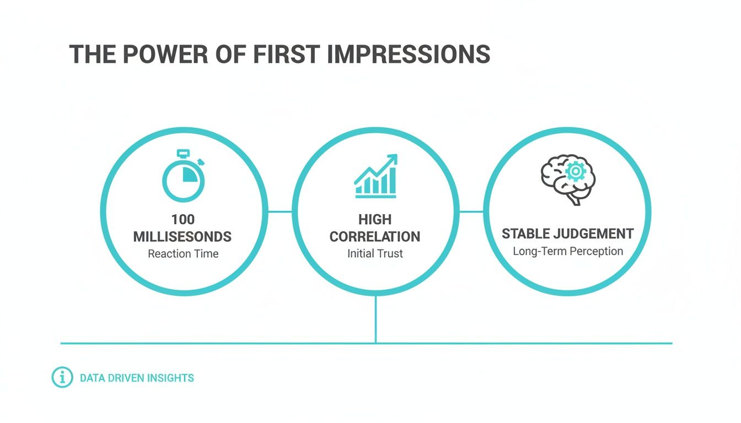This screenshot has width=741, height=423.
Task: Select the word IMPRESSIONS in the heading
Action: coord(409,54)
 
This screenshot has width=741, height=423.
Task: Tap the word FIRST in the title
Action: coord(287,54)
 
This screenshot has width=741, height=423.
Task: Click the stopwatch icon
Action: coord(183,176)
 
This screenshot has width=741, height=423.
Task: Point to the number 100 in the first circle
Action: coord(183,219)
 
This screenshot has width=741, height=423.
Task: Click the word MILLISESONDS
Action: coord(182,237)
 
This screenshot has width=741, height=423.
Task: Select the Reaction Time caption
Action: coord(183,253)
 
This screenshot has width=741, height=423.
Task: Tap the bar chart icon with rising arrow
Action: coord(376,176)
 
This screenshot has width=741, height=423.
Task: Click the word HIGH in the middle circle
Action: coord(375,219)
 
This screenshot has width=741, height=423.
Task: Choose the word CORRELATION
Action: coord(375,237)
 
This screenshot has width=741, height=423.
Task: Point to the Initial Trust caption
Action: coord(375,253)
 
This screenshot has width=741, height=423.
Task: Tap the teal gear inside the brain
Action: coord(576,171)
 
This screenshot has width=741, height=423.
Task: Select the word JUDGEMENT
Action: coord(594,234)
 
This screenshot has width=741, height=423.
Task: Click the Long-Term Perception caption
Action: coord(568,251)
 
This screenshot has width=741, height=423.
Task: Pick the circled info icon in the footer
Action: coord(62,377)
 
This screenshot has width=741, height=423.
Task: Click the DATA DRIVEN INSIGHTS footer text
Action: coord(137,378)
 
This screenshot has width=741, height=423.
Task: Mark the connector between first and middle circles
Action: coord(280,211)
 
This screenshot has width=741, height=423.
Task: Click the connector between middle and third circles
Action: coord(471,211)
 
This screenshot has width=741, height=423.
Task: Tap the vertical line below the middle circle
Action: coord(376,319)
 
